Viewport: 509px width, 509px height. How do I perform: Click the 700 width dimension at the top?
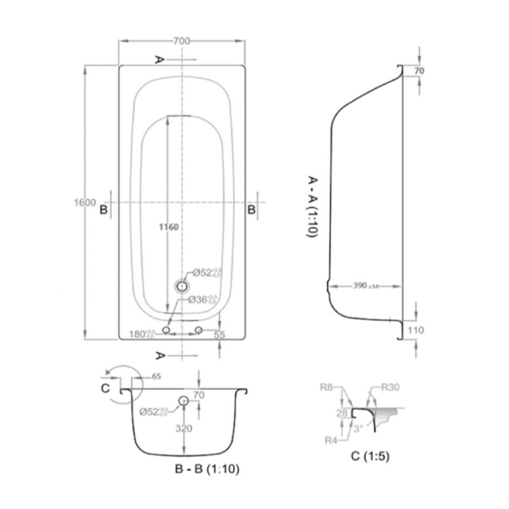coord(182,41)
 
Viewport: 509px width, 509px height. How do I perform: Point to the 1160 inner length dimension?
coord(167,227)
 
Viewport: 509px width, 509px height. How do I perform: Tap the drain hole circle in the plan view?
coord(182,286)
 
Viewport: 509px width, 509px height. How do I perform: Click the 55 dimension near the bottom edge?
coord(219,335)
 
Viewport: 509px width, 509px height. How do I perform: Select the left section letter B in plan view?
coord(103,210)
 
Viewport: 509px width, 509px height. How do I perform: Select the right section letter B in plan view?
coord(252,210)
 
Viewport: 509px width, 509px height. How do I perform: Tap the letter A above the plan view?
coord(160,59)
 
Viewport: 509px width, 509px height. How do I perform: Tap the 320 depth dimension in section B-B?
coord(184,428)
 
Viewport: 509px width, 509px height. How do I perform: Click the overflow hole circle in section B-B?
coord(183,401)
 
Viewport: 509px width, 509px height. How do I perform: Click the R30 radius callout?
coord(391,388)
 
